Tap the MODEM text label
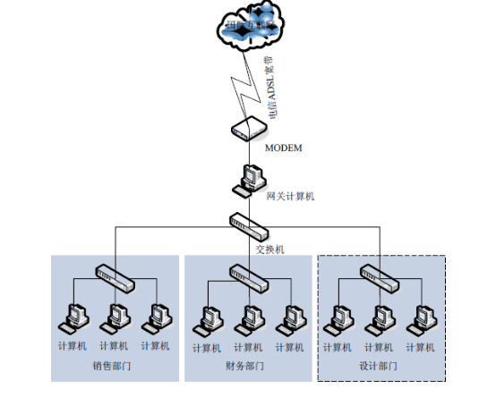pyautogui.click(x=285, y=148)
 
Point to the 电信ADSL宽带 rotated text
pyautogui.click(x=267, y=85)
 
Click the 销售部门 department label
pyautogui.click(x=114, y=366)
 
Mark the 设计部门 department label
pyautogui.click(x=377, y=366)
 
